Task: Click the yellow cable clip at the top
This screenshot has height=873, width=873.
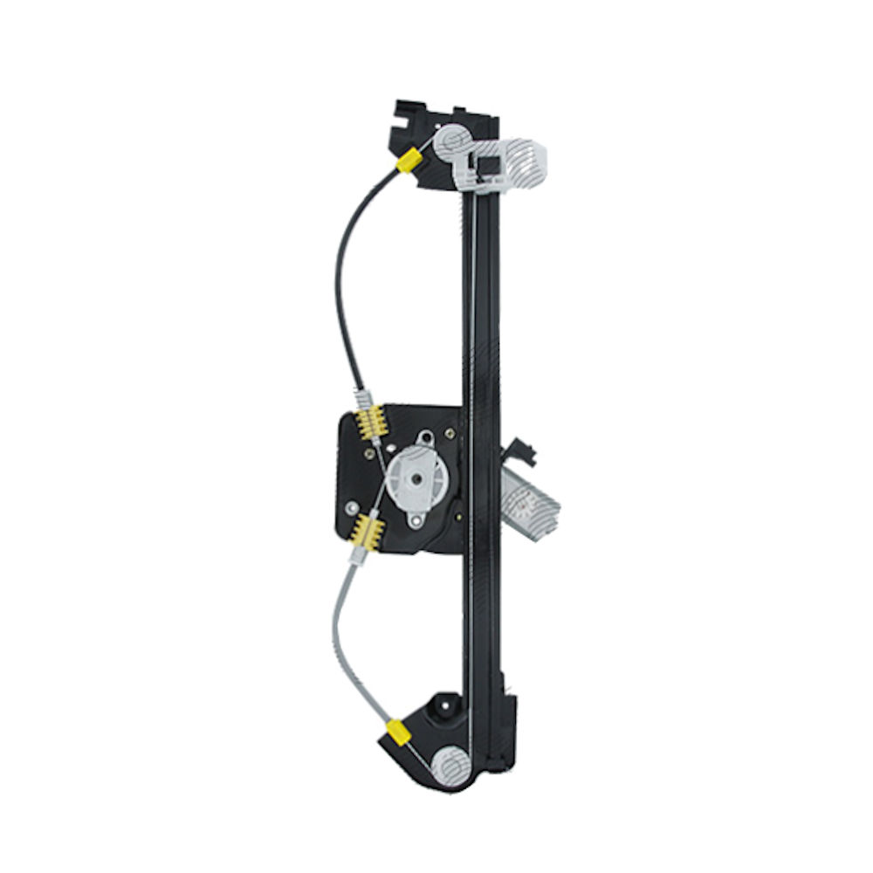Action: click(x=408, y=160)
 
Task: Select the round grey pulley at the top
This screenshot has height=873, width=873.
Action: click(x=452, y=141)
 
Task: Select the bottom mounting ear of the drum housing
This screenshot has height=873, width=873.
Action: click(x=418, y=521)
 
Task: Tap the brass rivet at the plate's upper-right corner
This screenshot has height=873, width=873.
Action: click(x=450, y=431)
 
